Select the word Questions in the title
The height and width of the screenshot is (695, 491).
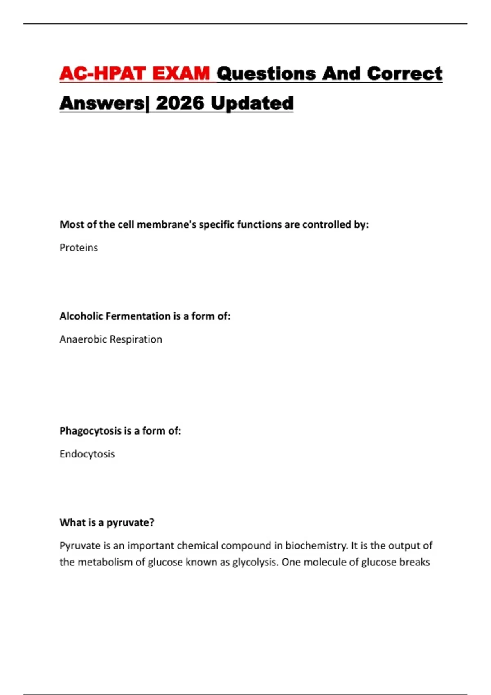tap(266, 74)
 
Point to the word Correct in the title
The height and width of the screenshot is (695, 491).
tap(404, 74)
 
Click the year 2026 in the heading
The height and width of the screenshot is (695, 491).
tap(180, 103)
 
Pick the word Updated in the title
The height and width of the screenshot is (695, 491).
tap(252, 103)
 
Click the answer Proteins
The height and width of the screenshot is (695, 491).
tap(79, 248)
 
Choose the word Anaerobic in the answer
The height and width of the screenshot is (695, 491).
tap(83, 339)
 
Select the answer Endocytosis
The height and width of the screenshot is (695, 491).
tap(87, 454)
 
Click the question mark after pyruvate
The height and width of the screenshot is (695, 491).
tap(152, 522)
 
